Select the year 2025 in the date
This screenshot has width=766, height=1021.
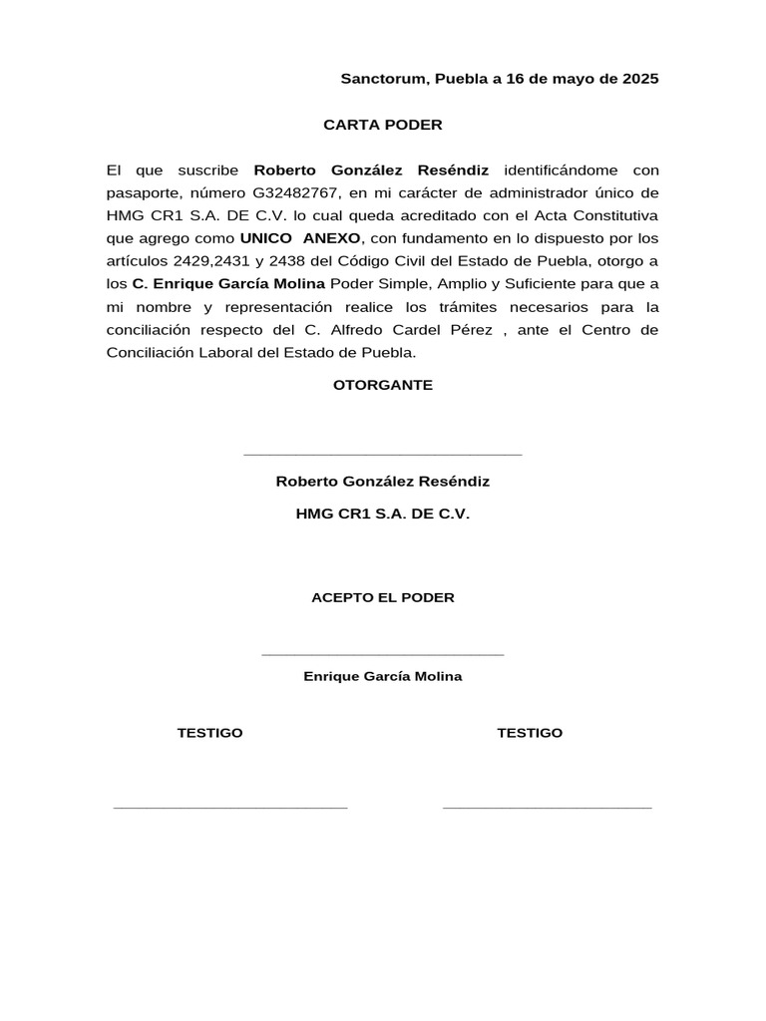point(639,79)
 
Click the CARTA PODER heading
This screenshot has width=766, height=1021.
point(383,125)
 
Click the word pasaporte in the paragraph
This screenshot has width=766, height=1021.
point(144,193)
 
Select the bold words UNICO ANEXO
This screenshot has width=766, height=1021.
point(300,239)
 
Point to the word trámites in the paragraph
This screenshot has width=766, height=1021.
point(485,308)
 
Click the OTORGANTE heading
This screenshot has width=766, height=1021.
point(383,386)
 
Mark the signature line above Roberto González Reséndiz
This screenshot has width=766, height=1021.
point(383,455)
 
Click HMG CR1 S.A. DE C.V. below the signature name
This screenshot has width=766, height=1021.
point(383,514)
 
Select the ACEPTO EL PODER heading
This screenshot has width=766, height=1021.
point(383,598)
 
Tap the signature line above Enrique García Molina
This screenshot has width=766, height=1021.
point(383,655)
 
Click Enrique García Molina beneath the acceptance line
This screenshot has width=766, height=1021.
point(383,676)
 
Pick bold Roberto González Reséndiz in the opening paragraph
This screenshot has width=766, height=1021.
point(371,170)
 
